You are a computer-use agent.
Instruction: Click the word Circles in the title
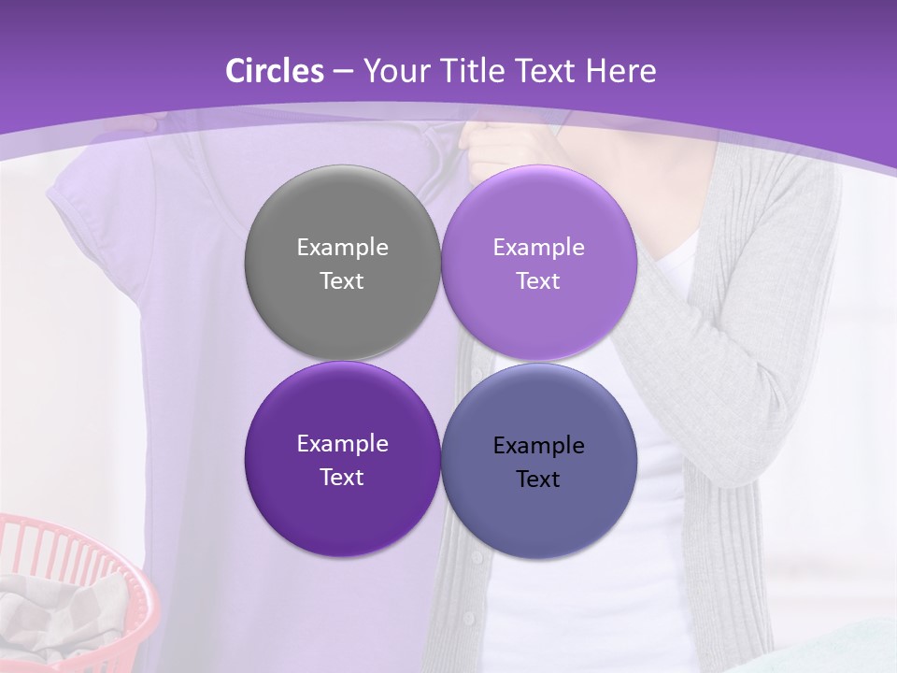(x=274, y=71)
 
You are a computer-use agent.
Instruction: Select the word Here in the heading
(x=620, y=71)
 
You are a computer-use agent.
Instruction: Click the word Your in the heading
(x=394, y=71)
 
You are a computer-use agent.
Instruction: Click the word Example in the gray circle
(x=342, y=248)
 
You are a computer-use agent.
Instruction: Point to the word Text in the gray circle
(x=342, y=280)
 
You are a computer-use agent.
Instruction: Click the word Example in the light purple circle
(x=538, y=248)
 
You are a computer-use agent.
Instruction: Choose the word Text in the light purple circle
(x=538, y=280)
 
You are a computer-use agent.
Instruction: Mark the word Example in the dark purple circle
(x=342, y=444)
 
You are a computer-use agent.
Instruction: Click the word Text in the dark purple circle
(x=342, y=477)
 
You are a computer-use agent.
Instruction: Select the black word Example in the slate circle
(x=538, y=446)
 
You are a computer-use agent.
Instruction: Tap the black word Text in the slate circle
(x=538, y=479)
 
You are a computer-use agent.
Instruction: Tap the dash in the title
(x=342, y=72)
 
